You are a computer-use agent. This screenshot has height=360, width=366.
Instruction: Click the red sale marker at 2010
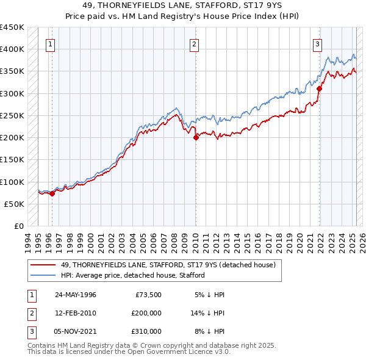click(196, 138)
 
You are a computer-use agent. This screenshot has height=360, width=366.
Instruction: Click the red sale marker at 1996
click(52, 193)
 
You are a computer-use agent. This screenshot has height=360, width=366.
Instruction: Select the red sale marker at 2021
click(319, 89)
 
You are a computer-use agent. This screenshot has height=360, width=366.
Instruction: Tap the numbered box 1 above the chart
click(49, 43)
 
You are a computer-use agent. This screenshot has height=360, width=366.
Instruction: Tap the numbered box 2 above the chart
click(193, 43)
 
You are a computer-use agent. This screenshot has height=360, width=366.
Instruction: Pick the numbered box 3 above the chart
click(318, 43)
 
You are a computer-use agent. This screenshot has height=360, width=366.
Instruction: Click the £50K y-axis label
click(15, 204)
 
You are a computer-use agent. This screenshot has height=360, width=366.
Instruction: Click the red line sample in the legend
click(43, 265)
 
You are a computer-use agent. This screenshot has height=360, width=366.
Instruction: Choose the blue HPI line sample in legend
click(43, 275)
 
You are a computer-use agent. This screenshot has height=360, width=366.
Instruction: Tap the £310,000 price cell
click(146, 331)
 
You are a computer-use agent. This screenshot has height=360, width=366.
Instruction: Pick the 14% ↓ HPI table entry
click(208, 313)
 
